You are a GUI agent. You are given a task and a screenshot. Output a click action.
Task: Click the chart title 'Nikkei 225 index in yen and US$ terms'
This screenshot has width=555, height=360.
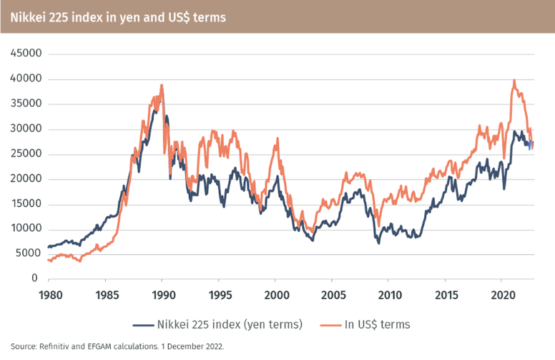pos(118,16)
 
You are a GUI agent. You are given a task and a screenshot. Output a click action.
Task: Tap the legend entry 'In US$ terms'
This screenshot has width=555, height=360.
pos(378,324)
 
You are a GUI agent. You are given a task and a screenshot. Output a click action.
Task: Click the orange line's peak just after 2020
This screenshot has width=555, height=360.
pos(514,80)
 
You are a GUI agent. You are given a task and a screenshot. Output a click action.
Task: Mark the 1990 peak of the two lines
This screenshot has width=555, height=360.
pos(162,85)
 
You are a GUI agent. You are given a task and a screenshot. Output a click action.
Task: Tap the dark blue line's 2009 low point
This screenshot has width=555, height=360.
pos(378,243)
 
